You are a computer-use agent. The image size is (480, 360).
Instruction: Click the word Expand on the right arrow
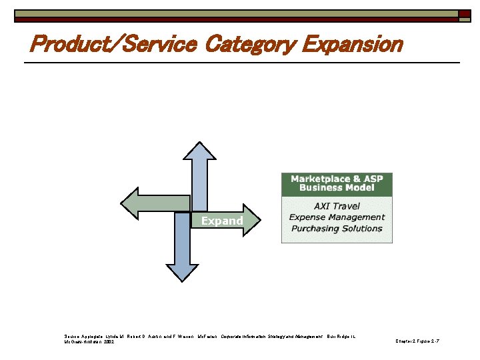click(x=222, y=221)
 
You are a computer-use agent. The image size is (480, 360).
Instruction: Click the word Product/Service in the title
click(x=114, y=45)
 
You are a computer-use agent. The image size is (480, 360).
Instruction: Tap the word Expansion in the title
click(x=352, y=45)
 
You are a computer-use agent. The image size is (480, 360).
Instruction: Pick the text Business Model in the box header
click(x=337, y=188)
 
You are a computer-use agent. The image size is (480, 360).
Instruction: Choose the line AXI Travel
click(x=337, y=206)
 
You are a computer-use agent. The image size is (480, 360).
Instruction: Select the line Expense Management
click(x=337, y=217)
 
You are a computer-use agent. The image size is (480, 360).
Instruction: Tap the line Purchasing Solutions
click(x=337, y=229)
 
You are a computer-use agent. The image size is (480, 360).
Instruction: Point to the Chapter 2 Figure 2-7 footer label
click(x=417, y=341)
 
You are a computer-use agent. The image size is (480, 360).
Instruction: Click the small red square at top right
click(x=463, y=13)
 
